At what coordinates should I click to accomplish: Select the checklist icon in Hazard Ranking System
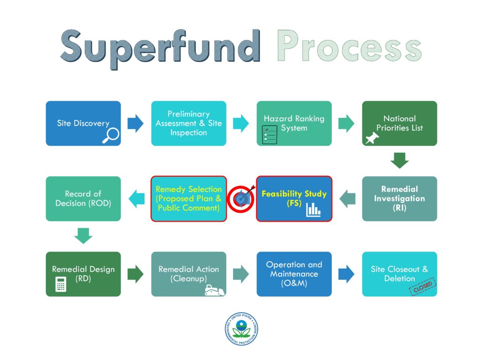click(x=270, y=135)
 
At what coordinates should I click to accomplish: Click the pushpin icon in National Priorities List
click(x=373, y=137)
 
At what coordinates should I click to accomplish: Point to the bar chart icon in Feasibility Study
click(x=313, y=210)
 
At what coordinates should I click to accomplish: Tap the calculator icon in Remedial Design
click(x=60, y=284)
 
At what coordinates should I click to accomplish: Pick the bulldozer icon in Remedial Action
click(x=214, y=290)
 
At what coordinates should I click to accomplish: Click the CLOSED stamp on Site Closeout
click(x=423, y=286)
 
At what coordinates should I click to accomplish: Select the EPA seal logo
click(x=241, y=329)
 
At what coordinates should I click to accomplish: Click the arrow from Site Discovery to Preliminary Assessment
click(x=135, y=124)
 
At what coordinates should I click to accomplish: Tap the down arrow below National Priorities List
click(x=399, y=160)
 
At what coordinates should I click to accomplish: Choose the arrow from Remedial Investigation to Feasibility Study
click(x=347, y=199)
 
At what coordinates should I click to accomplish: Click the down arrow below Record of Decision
click(x=83, y=236)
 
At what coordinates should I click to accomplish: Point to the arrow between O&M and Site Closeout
click(x=346, y=274)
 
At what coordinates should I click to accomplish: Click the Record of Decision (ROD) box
click(x=83, y=199)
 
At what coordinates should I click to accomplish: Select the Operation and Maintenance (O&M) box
click(x=294, y=274)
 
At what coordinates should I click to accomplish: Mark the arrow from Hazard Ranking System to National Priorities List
click(x=346, y=124)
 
